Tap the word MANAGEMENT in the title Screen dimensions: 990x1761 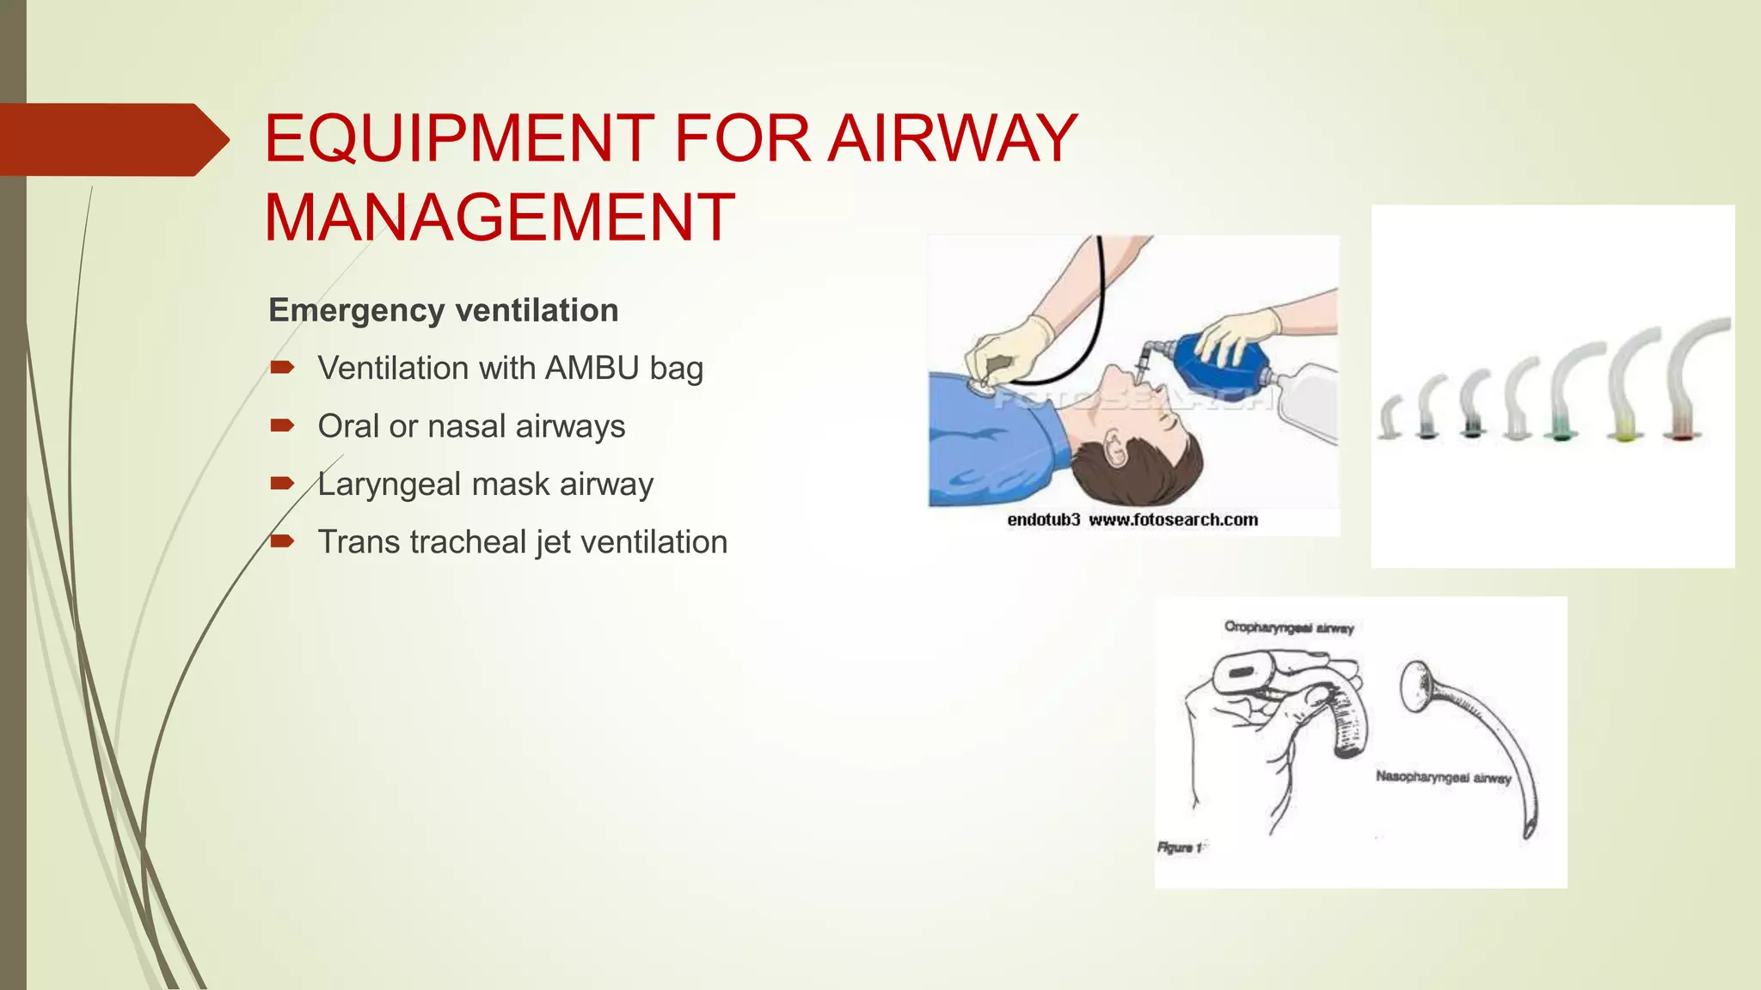point(500,217)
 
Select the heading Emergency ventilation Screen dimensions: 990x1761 point(443,310)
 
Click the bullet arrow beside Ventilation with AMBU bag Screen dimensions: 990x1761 point(282,368)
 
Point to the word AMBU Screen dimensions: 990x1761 point(592,368)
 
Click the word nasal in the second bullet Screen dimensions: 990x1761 point(467,426)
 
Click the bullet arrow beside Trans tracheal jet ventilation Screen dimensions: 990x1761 point(282,541)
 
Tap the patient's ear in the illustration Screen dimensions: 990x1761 point(1115,447)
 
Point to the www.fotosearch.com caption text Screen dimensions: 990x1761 point(1173,520)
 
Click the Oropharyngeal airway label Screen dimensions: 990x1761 point(1289,627)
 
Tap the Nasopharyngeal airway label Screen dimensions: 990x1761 point(1443,777)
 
